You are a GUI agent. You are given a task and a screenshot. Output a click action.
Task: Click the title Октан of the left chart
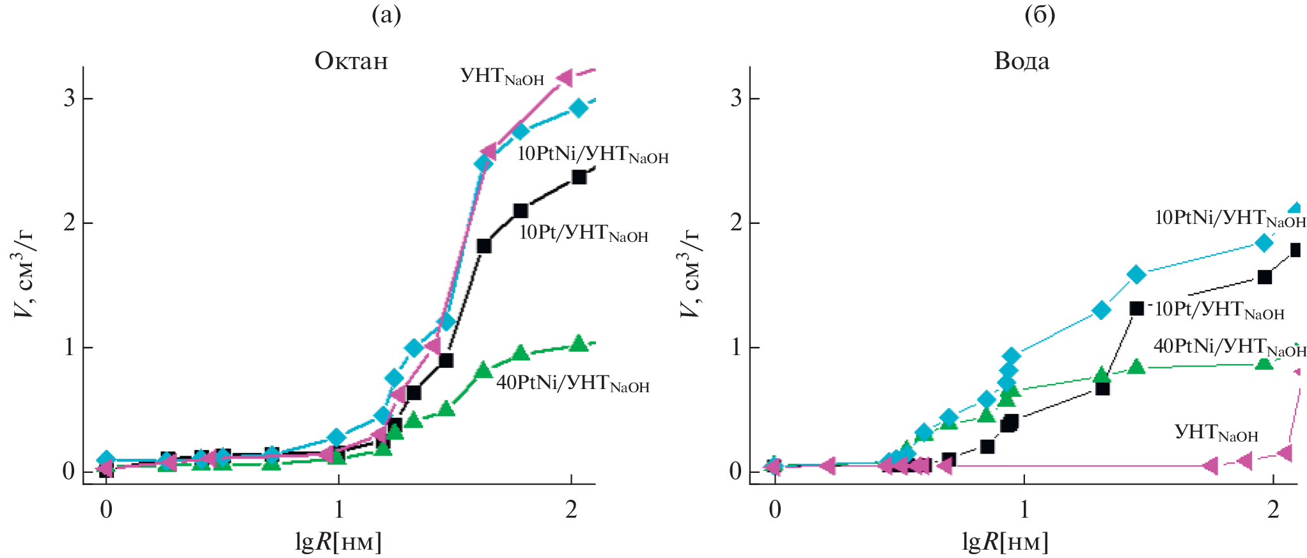(351, 61)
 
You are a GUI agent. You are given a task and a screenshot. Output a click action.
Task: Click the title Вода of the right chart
(1022, 61)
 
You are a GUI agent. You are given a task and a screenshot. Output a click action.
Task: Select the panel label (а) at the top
(386, 15)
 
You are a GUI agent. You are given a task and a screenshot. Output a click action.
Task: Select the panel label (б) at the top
(1040, 15)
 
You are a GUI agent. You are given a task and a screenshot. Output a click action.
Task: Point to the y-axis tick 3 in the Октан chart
(69, 99)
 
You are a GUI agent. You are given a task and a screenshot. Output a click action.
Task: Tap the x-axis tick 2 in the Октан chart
(571, 510)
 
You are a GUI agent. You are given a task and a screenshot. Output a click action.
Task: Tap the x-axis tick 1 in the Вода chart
(1024, 510)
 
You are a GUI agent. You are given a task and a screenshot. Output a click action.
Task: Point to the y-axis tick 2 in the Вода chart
(736, 223)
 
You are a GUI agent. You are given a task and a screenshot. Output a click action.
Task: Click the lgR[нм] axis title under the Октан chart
(338, 542)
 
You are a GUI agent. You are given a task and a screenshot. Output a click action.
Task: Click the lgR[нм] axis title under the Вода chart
(1005, 542)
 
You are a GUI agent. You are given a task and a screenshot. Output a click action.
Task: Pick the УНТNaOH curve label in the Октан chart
(502, 76)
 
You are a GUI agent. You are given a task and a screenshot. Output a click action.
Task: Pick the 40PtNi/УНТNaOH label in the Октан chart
(573, 383)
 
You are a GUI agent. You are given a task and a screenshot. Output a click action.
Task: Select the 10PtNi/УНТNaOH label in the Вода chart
(1230, 218)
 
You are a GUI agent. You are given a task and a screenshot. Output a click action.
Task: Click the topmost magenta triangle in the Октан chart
(565, 78)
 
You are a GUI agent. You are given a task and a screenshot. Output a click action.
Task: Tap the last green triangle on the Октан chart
(579, 344)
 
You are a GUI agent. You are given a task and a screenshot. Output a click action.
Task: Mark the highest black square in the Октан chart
(579, 177)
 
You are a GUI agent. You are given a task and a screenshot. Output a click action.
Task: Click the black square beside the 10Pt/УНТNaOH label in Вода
(1136, 309)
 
